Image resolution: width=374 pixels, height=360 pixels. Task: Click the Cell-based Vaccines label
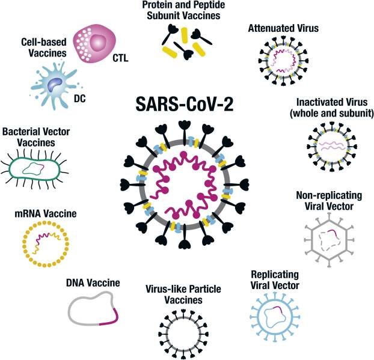point(40,48)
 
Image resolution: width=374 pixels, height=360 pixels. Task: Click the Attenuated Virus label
point(282,28)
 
